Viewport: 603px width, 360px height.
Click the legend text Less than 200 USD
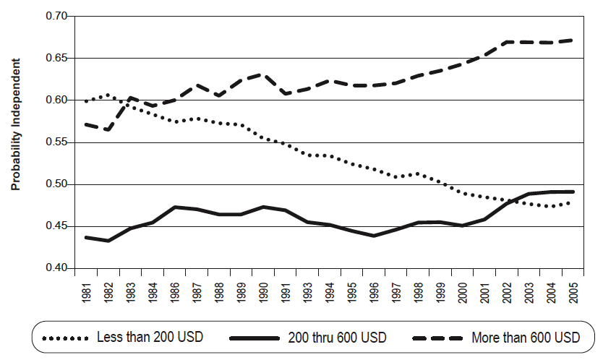pos(149,337)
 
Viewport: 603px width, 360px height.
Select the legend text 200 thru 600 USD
pos(337,337)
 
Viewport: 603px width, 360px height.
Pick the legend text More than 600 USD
pos(526,337)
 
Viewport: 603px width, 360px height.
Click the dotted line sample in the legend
pos(65,337)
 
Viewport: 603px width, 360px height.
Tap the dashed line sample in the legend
pos(438,337)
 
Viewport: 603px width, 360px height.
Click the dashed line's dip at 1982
pos(108,130)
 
